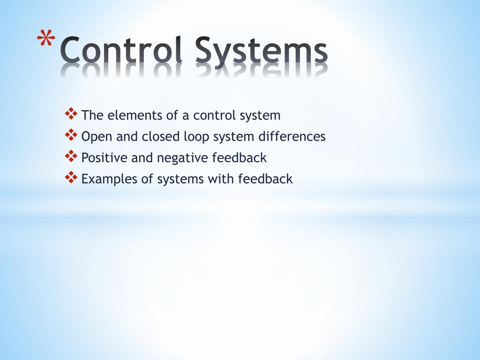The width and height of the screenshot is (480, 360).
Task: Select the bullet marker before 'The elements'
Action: [71, 113]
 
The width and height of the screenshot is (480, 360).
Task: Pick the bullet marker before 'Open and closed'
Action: [71, 135]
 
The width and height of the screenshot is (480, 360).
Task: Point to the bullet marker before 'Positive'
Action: [71, 156]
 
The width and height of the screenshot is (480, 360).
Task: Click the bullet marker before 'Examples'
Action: [71, 177]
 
